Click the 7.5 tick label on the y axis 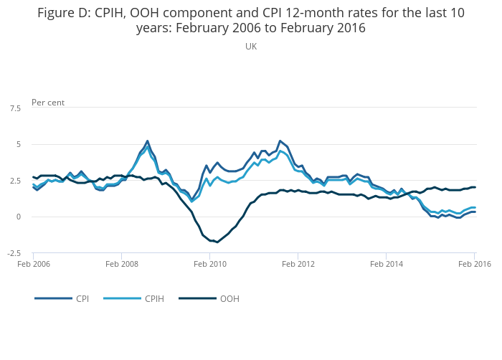click(15, 108)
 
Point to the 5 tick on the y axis click(18, 144)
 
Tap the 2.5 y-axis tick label click(15, 181)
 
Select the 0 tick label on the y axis click(18, 217)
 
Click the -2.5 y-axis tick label click(14, 253)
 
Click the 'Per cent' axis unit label click(48, 103)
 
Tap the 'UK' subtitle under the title click(251, 47)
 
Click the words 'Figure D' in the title click(65, 12)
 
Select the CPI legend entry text click(82, 298)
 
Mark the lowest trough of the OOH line click(217, 242)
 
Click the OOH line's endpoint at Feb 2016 click(475, 187)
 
